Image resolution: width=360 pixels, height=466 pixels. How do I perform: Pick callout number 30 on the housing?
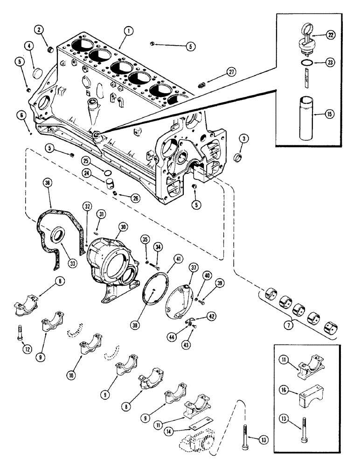click(123, 225)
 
